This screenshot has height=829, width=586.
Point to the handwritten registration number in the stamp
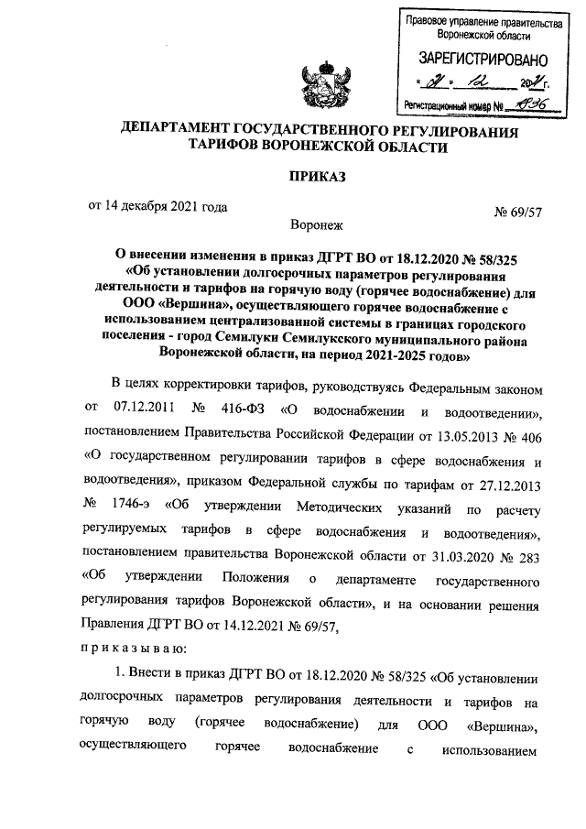tap(531, 104)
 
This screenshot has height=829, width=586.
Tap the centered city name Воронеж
tap(314, 224)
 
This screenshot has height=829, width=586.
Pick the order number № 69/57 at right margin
tap(517, 213)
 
